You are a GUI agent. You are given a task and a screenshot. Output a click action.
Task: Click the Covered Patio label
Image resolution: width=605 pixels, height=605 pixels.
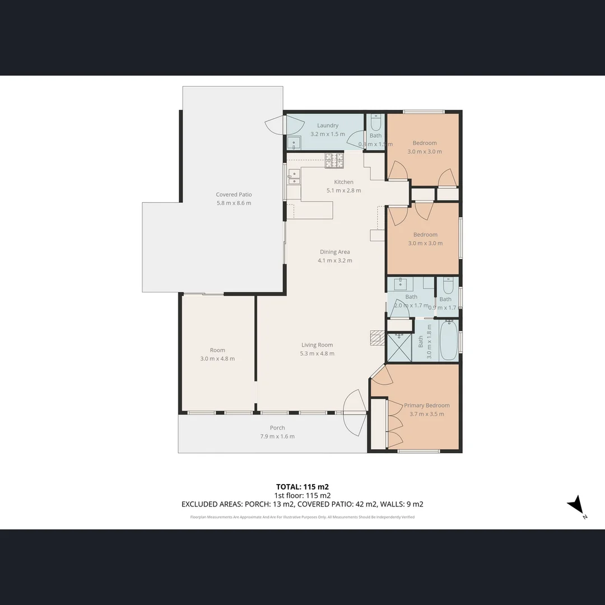(x=234, y=194)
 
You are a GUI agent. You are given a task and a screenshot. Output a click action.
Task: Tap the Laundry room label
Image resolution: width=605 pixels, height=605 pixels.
(x=328, y=125)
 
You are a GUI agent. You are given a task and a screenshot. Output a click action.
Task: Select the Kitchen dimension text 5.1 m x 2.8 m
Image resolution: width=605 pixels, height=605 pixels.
(x=343, y=190)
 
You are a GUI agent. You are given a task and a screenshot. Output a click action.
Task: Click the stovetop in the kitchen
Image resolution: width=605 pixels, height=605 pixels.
(x=334, y=161)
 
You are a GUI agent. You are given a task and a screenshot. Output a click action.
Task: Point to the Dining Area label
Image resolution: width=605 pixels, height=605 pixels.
(x=335, y=252)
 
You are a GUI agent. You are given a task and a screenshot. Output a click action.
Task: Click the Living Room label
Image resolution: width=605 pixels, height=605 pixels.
(x=317, y=345)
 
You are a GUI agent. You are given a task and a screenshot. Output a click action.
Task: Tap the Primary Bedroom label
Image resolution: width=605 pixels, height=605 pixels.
(x=426, y=405)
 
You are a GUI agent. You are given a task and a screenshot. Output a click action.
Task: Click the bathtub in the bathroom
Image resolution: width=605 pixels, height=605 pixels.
(x=448, y=341)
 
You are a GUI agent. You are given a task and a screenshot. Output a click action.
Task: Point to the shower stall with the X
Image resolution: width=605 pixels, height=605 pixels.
(x=400, y=348)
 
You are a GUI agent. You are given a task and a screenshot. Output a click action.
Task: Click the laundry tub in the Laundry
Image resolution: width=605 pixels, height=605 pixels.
(x=294, y=143)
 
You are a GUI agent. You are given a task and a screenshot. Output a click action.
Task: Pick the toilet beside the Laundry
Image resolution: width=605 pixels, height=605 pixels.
(x=376, y=122)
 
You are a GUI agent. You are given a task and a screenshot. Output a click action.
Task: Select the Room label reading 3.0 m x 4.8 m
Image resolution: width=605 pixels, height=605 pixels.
(x=217, y=359)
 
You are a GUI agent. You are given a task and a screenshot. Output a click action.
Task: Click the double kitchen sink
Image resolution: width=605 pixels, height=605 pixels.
(x=294, y=177)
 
